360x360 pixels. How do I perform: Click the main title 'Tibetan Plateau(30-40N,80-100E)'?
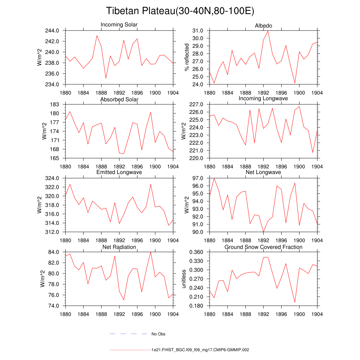click(180, 11)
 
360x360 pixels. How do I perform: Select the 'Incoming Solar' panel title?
click(119, 25)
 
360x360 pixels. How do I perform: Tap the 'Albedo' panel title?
click(263, 26)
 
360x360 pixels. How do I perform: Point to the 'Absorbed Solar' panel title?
click(119, 99)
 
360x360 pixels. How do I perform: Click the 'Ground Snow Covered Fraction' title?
click(263, 247)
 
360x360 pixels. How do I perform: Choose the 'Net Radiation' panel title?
click(119, 247)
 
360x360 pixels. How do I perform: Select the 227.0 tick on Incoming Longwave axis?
click(198, 104)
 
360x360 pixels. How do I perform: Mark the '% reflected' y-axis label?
click(187, 57)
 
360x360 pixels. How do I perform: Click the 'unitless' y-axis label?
click(183, 279)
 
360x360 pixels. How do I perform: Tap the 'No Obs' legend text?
click(158, 334)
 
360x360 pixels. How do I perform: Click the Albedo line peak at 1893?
click(268, 31)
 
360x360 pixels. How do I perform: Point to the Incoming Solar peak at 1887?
click(97, 36)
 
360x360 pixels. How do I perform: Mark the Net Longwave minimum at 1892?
click(263, 232)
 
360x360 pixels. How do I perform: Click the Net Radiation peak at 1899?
click(150, 252)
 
